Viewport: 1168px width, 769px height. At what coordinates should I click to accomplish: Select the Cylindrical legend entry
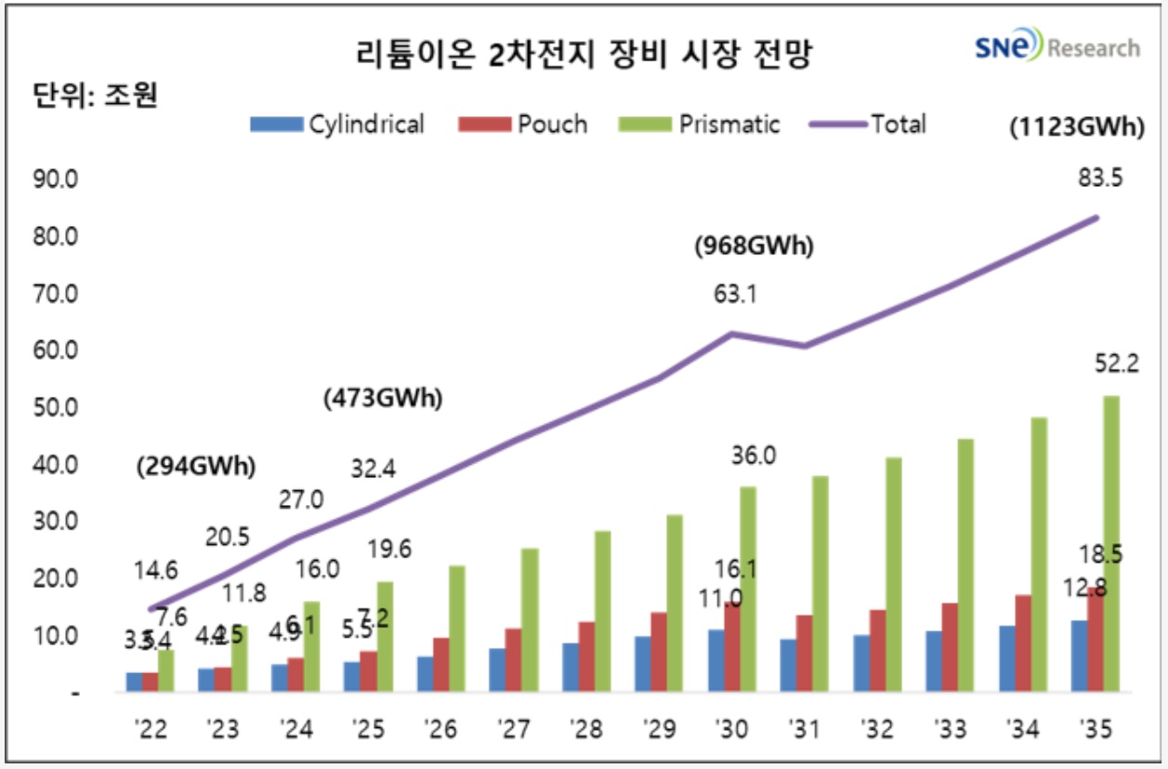[x=338, y=124]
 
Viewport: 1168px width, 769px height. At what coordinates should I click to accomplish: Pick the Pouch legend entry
[x=523, y=124]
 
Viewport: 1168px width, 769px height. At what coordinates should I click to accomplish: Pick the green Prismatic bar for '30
[x=747, y=590]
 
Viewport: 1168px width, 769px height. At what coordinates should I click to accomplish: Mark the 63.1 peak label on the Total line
[x=734, y=295]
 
